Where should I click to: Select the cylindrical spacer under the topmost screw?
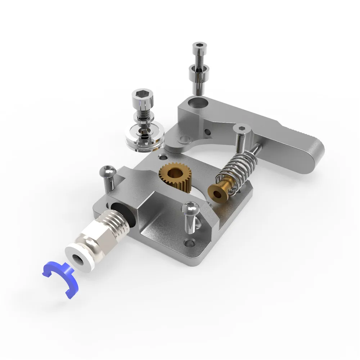(x=199, y=74)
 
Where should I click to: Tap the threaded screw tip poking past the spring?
(x=256, y=148)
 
